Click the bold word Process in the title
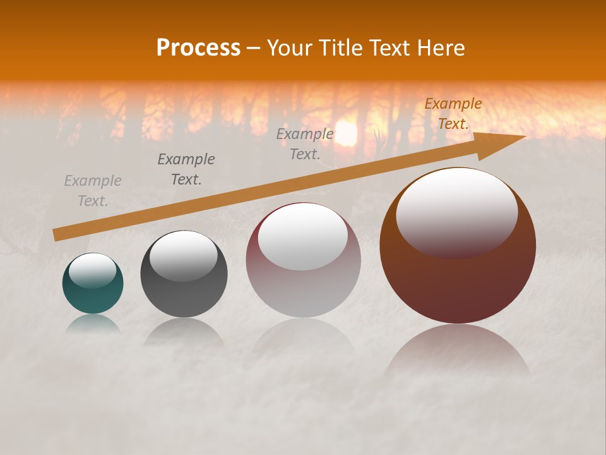198,48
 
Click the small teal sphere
93,294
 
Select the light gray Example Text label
93,191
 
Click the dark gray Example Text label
186,169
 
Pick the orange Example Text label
453,114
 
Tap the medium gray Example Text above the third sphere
305,144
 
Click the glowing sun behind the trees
346,133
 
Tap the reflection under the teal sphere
93,324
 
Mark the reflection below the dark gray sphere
184,332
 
